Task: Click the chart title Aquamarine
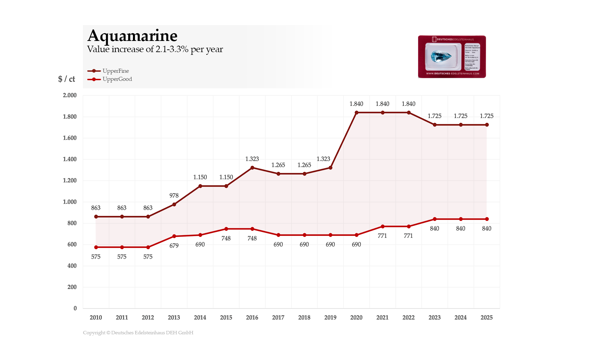(132, 36)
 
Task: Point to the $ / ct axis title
(67, 79)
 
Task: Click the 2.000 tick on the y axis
(70, 95)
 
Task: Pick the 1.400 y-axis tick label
(70, 159)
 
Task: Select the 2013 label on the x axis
(174, 318)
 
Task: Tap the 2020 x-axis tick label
(356, 318)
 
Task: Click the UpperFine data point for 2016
(252, 168)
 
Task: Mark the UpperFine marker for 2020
(356, 113)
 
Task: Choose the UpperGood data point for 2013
(174, 236)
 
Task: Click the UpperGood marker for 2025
(487, 219)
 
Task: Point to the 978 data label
(174, 196)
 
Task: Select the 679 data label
(174, 246)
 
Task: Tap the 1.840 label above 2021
(383, 104)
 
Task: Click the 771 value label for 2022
(408, 236)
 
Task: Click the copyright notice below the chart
(138, 333)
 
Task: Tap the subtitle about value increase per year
(155, 49)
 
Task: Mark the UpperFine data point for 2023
(435, 125)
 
